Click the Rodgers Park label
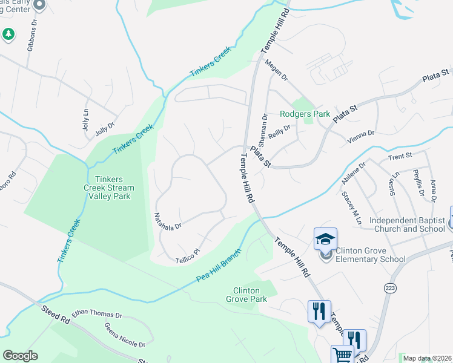tap(305, 114)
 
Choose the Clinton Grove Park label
tap(246, 295)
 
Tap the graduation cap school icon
tap(325, 240)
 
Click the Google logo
tap(20, 356)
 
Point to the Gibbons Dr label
tap(32, 38)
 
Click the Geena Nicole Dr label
tap(125, 336)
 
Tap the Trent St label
tap(400, 156)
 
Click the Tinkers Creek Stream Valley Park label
tap(114, 188)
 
